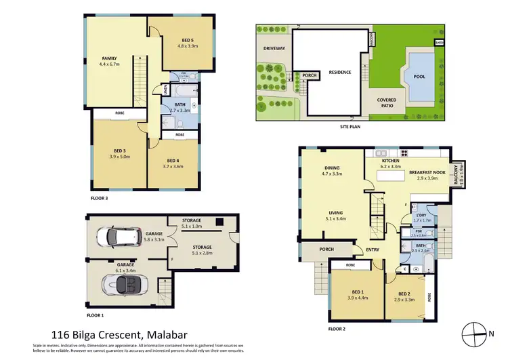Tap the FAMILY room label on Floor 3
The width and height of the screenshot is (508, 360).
coord(110,58)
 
